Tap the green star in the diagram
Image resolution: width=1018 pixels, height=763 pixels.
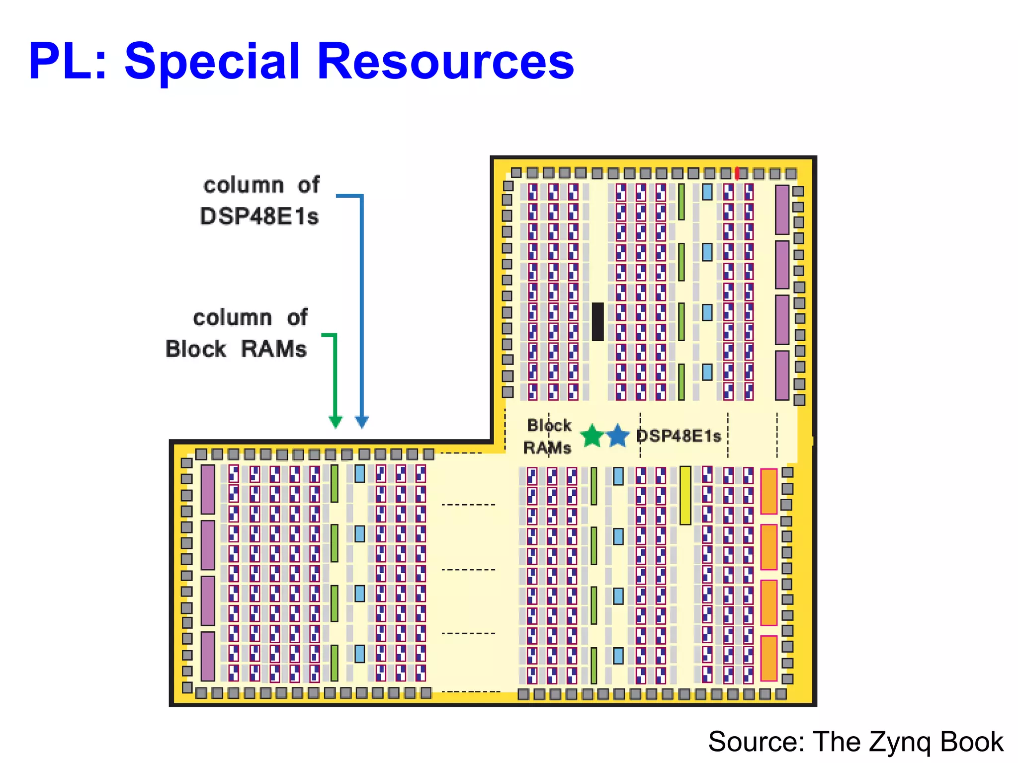click(x=592, y=436)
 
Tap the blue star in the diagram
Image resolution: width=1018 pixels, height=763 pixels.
click(x=618, y=436)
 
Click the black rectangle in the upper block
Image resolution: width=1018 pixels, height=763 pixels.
click(x=598, y=321)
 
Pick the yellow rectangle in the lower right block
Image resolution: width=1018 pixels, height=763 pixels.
click(x=685, y=495)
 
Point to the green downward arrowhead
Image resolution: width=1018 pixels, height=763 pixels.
click(x=336, y=422)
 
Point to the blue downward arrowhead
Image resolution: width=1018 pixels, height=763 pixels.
click(x=362, y=422)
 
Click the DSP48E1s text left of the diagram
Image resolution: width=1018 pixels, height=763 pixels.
click(x=259, y=217)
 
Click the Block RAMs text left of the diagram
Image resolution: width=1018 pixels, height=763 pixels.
click(x=236, y=349)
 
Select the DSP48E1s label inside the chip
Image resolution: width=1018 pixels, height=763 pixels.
click(x=679, y=436)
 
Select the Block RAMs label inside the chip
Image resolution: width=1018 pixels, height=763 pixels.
click(x=548, y=437)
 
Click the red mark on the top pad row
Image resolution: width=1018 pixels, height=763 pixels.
click(x=738, y=173)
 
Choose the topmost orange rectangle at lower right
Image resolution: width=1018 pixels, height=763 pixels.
click(x=769, y=491)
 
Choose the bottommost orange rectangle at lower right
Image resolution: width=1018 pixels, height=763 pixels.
click(x=769, y=658)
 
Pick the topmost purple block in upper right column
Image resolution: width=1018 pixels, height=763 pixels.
click(x=782, y=210)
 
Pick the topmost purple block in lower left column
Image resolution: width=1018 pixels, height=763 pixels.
click(x=208, y=489)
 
